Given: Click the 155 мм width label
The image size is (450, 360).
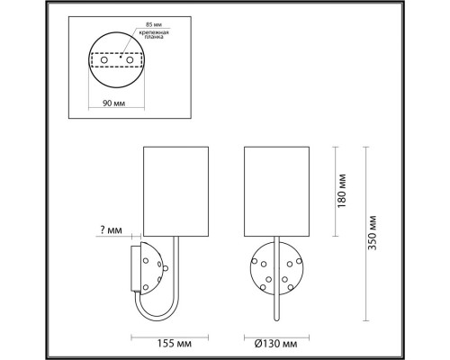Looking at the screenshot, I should pyautogui.click(x=171, y=343).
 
